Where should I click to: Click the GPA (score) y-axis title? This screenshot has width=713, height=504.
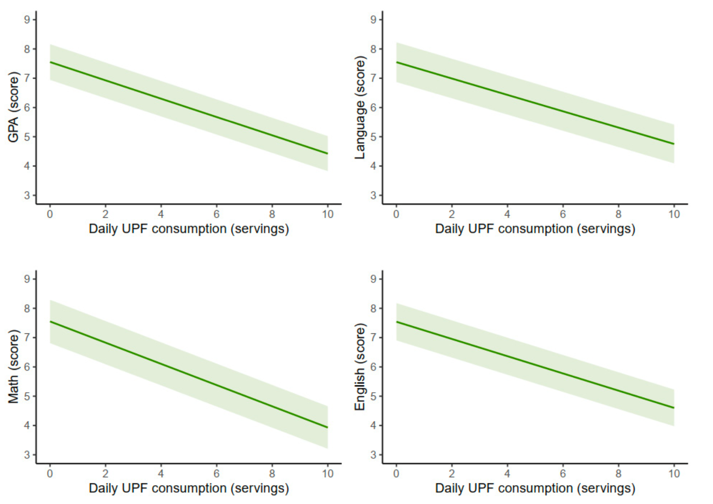pos(13,107)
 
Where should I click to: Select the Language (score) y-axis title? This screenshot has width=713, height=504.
pos(360,107)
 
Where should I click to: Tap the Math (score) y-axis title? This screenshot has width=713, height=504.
pos(13,366)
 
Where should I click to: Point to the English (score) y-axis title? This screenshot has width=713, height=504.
pos(360,367)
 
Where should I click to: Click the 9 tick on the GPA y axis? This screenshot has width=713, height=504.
pos(27,19)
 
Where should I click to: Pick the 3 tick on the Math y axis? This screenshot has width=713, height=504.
pos(27,455)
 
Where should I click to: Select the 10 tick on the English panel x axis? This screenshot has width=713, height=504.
pos(674,474)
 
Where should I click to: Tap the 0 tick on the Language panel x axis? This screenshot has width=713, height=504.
pos(396,214)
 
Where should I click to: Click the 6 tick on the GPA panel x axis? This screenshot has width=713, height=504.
pos(217,214)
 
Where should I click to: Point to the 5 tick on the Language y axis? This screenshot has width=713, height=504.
pos(374,137)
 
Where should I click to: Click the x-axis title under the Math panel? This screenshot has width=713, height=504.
pos(189,488)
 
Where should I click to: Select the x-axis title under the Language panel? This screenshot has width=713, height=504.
pos(535,229)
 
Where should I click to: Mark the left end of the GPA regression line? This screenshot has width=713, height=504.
pos(50,62)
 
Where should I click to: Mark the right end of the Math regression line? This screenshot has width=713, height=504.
pos(327,427)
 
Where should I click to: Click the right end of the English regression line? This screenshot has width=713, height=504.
pos(674,408)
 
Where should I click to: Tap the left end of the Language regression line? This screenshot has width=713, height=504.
pos(397,62)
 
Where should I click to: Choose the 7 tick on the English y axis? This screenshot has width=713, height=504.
pos(374,338)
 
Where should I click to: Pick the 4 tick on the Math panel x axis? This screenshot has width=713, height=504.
pos(161,474)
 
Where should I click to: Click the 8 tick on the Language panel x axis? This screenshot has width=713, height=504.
pos(618,214)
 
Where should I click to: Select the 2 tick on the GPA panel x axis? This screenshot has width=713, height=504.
pos(105,214)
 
